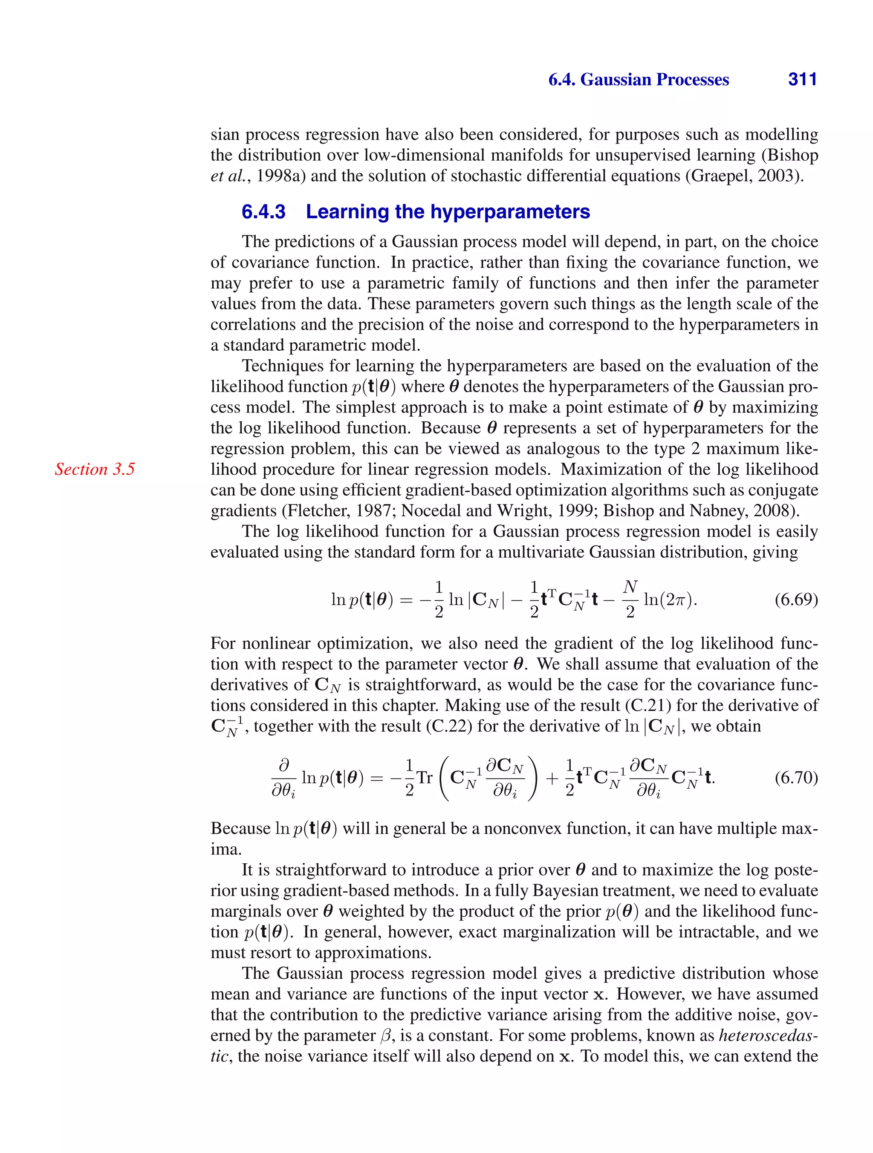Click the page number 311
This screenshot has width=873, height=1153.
(x=802, y=79)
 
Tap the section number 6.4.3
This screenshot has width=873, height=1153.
(x=263, y=212)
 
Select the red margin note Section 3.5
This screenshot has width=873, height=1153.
(x=94, y=469)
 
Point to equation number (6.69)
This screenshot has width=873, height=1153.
(x=796, y=600)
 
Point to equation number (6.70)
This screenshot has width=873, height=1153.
(x=796, y=778)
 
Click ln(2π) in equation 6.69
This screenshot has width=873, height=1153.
(x=670, y=600)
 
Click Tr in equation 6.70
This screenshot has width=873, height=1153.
(x=425, y=778)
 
